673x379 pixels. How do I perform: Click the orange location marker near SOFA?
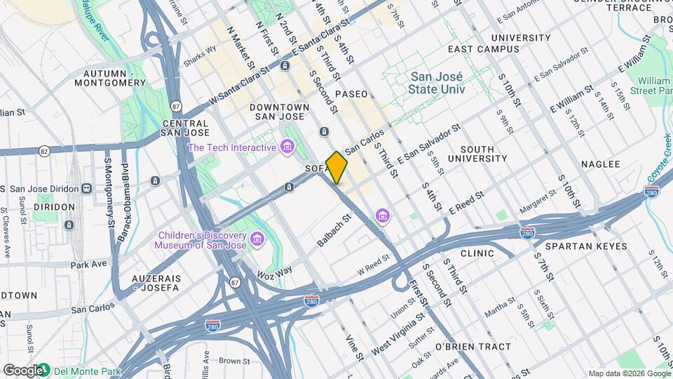(336, 168)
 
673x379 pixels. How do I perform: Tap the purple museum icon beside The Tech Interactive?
(287, 147)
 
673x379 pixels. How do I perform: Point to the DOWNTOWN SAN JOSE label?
(278, 111)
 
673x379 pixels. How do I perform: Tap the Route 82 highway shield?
(44, 151)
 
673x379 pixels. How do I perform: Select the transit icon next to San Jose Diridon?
(87, 188)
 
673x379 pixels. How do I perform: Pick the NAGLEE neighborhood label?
(601, 164)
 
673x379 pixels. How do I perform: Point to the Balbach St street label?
(333, 231)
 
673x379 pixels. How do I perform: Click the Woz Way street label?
(274, 271)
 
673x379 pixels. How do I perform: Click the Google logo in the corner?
(22, 370)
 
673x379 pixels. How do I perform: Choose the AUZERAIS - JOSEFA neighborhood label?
(156, 283)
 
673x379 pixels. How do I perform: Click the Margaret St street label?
(537, 205)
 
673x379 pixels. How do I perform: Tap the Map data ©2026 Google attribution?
(629, 373)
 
